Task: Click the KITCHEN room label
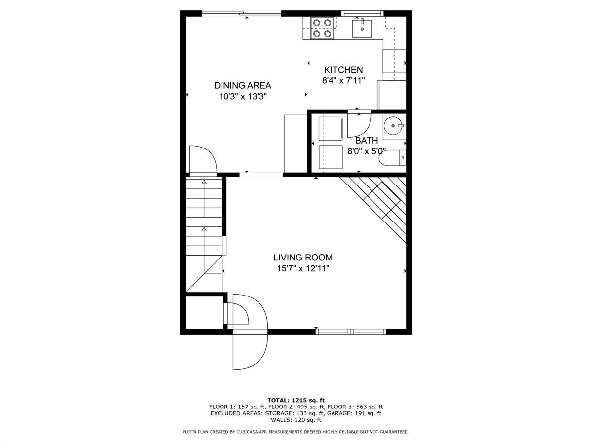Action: pos(343,70)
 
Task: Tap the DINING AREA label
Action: pos(243,85)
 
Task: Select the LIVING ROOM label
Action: pos(303,258)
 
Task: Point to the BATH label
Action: pos(367,141)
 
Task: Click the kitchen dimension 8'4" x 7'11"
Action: pos(343,80)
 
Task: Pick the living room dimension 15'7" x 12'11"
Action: pos(303,268)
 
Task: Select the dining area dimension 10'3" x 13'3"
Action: pos(243,97)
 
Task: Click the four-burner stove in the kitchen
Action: pos(322,28)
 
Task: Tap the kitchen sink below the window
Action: pos(362,28)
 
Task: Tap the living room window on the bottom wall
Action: pos(351,332)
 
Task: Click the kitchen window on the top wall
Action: pos(362,13)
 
